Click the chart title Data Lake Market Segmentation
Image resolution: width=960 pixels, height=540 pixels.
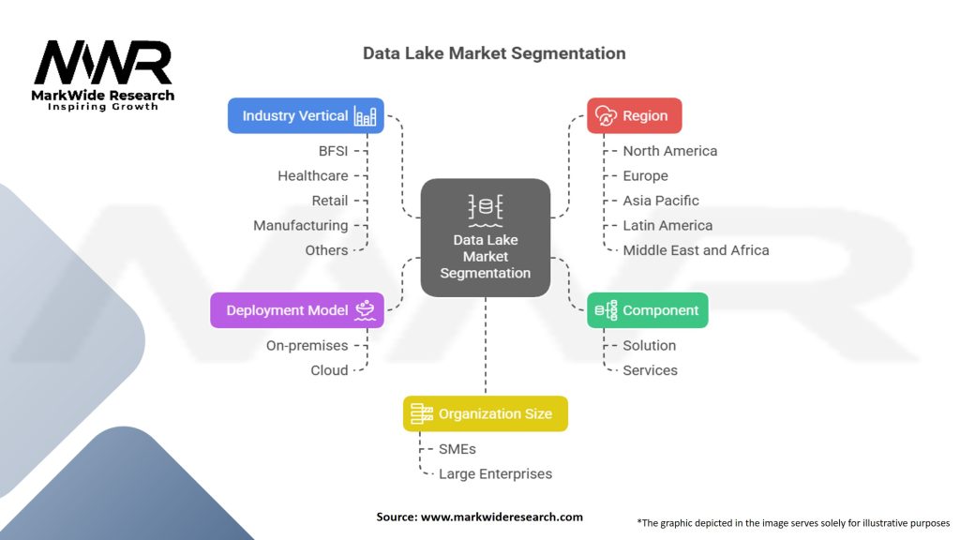494,53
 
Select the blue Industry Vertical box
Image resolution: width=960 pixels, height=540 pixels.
306,116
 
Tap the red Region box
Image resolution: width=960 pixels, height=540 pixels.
634,116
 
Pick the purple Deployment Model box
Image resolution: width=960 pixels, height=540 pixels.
296,310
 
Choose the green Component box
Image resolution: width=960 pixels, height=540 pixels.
647,310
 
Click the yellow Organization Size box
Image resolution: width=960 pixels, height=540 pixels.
485,413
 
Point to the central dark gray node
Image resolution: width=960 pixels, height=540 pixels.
485,238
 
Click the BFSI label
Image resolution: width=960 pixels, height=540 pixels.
333,151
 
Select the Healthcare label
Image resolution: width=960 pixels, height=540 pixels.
312,175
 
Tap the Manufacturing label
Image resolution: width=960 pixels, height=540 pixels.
300,225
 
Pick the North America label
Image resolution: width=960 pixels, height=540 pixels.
669,151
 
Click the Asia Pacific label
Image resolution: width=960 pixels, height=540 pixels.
660,201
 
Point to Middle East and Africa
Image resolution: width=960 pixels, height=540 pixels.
696,250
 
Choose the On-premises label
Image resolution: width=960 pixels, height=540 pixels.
307,345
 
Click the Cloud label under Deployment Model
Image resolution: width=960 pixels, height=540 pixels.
329,370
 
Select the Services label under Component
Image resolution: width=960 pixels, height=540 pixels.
650,370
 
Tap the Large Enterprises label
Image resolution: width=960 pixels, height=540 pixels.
495,473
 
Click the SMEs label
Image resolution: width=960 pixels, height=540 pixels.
457,449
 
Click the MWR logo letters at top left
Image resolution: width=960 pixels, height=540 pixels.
103,64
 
